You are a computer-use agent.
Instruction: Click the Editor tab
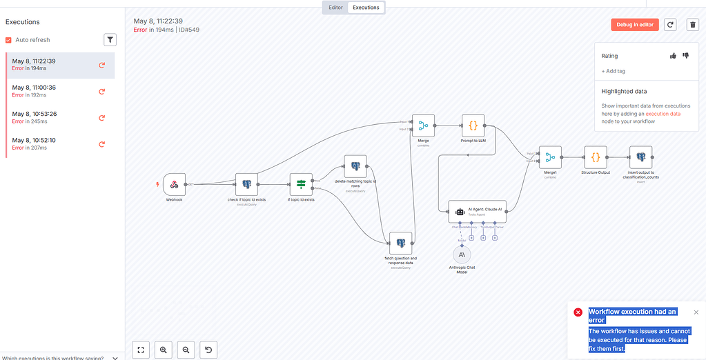point(335,8)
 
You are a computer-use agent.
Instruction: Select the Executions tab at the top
point(366,8)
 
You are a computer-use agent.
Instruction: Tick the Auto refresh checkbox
point(8,40)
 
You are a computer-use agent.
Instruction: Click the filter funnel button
point(110,40)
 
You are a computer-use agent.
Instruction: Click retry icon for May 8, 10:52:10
point(102,144)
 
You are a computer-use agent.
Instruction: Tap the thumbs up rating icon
point(673,56)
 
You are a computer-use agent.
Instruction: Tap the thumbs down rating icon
point(685,56)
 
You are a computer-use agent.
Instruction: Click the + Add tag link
point(614,71)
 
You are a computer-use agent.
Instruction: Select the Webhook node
point(175,184)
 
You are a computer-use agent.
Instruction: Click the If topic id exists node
point(301,184)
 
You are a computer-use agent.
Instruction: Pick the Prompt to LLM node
point(473,126)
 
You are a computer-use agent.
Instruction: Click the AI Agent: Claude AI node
point(477,211)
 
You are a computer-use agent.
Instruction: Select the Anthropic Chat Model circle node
point(462,255)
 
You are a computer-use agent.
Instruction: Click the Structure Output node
point(595,157)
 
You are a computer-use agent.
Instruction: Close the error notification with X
point(696,312)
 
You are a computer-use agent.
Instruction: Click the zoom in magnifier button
point(164,350)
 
